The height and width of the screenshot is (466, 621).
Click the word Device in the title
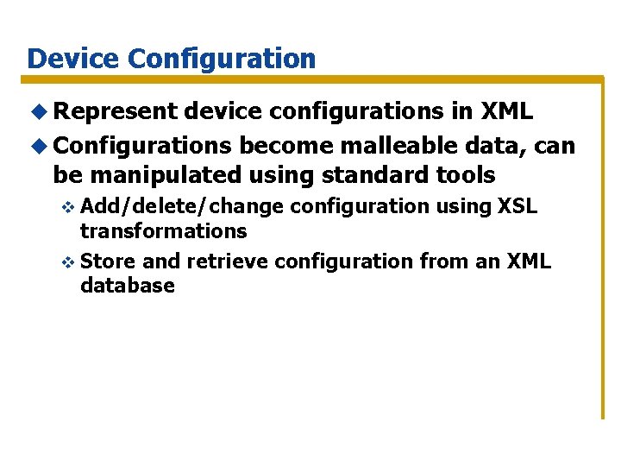[73, 59]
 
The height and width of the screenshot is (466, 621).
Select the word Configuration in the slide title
[222, 59]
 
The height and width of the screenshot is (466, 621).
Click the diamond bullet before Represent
[37, 113]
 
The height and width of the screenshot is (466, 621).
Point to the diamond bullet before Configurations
[37, 145]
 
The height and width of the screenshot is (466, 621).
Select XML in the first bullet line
[506, 112]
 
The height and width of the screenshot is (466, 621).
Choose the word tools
[467, 175]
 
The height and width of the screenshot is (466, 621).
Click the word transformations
[163, 231]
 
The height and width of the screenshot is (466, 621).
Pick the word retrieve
[227, 261]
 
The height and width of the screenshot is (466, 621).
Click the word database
[128, 286]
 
